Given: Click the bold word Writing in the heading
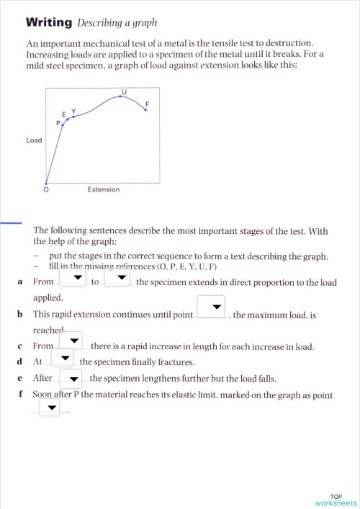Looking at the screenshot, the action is [48, 23].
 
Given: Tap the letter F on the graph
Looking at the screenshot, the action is [147, 104].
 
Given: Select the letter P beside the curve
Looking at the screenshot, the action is [58, 123].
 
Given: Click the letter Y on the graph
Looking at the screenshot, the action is [73, 111].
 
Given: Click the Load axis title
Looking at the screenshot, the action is [34, 140].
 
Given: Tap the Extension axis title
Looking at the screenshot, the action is [104, 189].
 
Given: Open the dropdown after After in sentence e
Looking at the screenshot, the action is [71, 377].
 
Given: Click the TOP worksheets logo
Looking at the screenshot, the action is [336, 500].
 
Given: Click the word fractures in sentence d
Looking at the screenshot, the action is [174, 362].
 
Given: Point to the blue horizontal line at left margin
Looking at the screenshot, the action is [11, 223].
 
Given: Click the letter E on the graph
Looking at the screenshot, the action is [64, 114].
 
